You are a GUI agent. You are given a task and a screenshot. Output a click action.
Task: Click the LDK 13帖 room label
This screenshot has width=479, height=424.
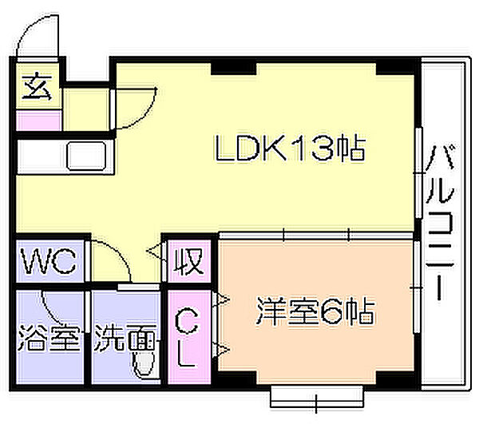pos(291,149)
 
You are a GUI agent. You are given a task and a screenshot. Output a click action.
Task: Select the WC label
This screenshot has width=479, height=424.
pos(48,260)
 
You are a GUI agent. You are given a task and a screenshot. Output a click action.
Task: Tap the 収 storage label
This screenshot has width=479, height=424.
pos(188,261)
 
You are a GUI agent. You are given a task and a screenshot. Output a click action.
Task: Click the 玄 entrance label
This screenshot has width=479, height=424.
pos(37,86)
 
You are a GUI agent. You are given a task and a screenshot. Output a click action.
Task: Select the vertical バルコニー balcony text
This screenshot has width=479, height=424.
pos(440,223)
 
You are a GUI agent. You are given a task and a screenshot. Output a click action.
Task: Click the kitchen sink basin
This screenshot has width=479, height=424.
pos(87,156)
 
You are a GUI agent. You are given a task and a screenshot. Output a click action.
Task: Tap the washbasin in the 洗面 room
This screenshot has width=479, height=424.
pos(144,363)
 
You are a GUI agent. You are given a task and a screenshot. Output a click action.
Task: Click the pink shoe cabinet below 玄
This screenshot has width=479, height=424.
pos(39,120)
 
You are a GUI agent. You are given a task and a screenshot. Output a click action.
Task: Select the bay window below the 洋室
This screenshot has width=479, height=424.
pos(317,396)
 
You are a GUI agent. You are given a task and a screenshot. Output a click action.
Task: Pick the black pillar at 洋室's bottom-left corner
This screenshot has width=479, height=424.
pos(236,378)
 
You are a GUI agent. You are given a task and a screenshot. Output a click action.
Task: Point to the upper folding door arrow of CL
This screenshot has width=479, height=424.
pos(221,299)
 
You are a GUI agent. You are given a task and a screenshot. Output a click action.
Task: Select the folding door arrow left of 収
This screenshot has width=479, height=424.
pos(156,251)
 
